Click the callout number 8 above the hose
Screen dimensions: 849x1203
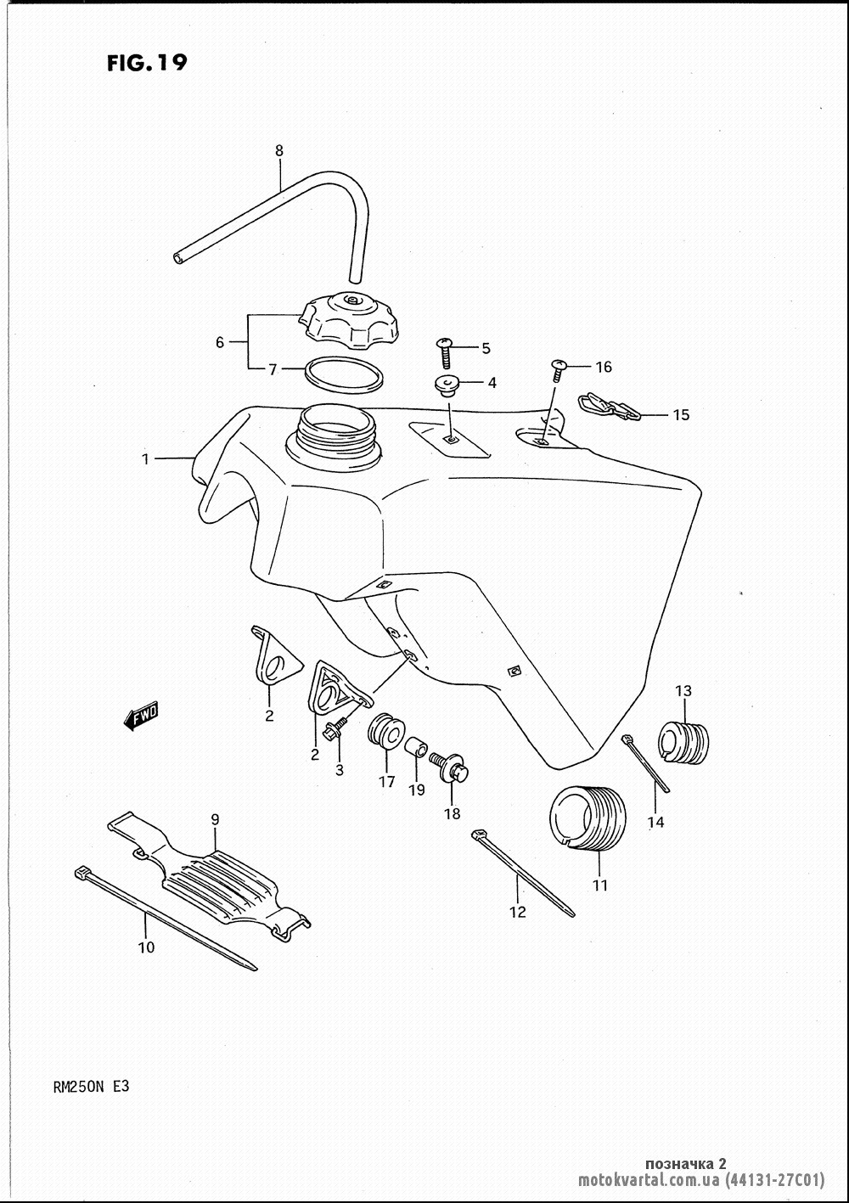click(x=278, y=151)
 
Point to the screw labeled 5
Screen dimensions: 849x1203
click(x=445, y=351)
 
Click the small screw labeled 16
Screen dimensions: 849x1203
click(x=559, y=370)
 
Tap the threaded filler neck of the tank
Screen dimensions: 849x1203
click(x=334, y=435)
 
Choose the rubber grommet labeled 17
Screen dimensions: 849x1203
click(x=385, y=729)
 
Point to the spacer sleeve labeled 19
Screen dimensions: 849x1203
click(x=416, y=747)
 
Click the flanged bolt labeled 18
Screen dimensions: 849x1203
click(x=450, y=764)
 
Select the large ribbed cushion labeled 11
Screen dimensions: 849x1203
click(x=588, y=819)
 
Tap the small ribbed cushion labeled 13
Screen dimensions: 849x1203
click(x=683, y=742)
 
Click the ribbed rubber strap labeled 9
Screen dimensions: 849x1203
click(x=210, y=874)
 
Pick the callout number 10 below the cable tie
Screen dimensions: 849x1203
click(x=146, y=947)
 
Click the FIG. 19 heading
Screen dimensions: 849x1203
click(x=147, y=63)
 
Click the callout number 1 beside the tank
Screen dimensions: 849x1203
click(x=145, y=458)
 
